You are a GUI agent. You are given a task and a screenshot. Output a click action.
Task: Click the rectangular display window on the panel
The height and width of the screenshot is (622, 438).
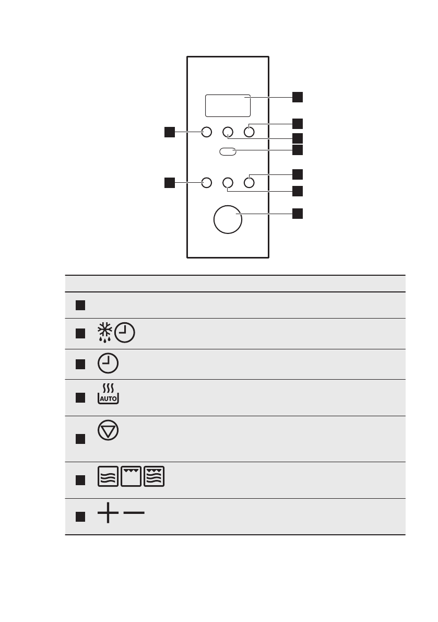228,105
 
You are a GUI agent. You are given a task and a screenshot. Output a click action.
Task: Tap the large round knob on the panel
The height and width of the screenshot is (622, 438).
228,220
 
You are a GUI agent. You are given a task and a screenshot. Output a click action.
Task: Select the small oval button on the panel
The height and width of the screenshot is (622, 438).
228,151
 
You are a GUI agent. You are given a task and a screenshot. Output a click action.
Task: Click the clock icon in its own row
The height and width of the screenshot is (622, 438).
108,363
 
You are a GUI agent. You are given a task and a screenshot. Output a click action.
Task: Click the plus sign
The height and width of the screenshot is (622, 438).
108,514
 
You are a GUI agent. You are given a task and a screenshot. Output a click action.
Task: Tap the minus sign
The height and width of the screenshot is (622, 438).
134,513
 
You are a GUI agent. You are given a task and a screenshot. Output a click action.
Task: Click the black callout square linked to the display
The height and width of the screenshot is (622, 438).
297,97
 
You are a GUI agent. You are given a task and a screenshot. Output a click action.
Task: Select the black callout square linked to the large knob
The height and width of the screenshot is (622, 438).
297,214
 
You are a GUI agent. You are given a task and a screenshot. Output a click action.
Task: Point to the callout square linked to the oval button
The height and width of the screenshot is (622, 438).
297,150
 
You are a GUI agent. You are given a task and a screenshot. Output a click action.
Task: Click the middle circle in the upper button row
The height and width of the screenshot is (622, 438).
228,132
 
